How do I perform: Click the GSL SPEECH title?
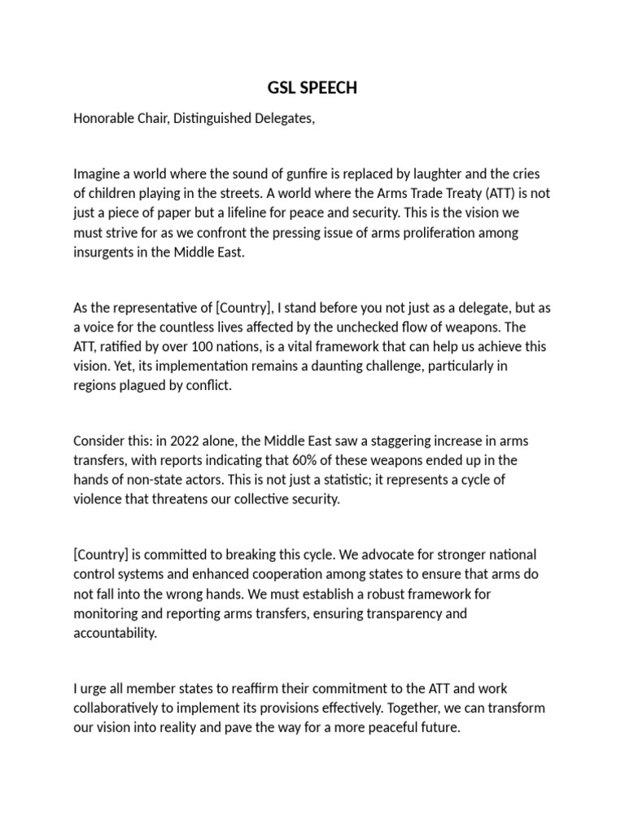point(312,88)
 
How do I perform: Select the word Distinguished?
point(204,119)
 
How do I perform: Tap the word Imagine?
point(98,174)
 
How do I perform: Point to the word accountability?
point(115,633)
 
